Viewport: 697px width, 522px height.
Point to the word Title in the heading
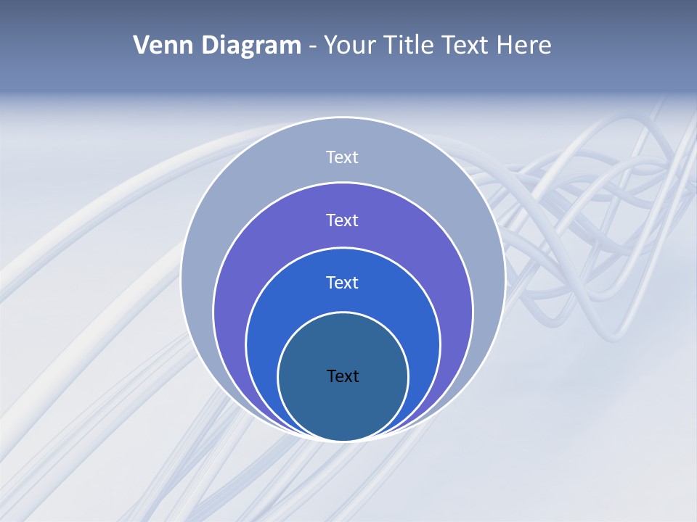[x=410, y=46]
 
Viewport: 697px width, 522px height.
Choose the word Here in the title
[x=524, y=46]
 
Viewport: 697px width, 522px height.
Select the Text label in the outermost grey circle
[x=343, y=157]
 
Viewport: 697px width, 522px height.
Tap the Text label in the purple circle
[x=343, y=220]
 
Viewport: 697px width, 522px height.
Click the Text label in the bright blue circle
[x=343, y=282]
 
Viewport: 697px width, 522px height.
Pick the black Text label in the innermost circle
[x=343, y=376]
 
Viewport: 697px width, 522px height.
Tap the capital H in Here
[x=504, y=46]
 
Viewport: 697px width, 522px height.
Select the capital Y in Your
[x=330, y=46]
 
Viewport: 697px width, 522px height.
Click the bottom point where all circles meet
[x=343, y=439]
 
